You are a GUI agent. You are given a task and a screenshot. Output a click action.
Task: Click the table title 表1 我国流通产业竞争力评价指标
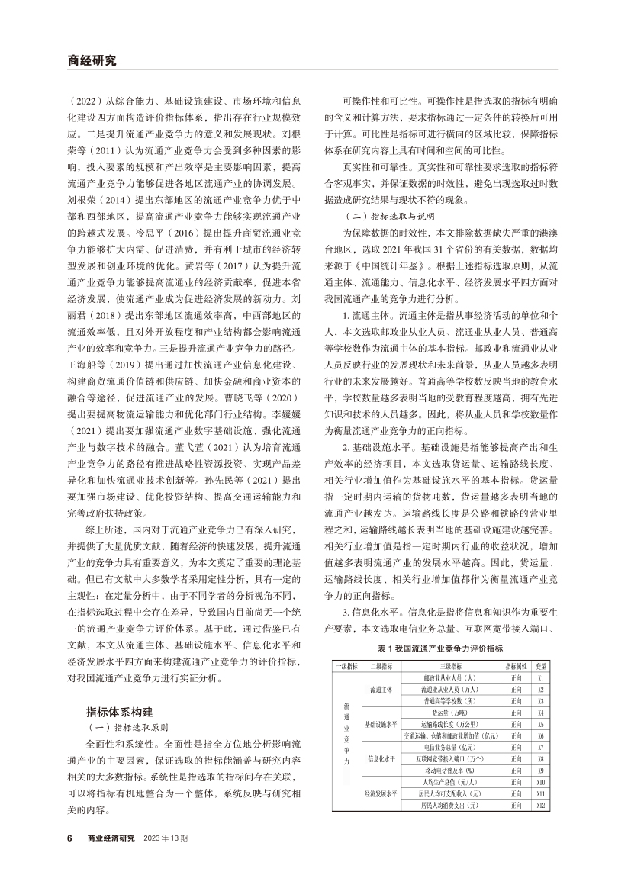coord(440,648)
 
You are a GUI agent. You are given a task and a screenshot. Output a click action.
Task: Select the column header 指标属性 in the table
coord(517,666)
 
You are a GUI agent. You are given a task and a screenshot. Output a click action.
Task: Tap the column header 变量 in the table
coord(540,666)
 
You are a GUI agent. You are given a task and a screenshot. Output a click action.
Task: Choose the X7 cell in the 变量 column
coord(540,747)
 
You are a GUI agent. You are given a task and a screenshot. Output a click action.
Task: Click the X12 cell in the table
coord(540,806)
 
